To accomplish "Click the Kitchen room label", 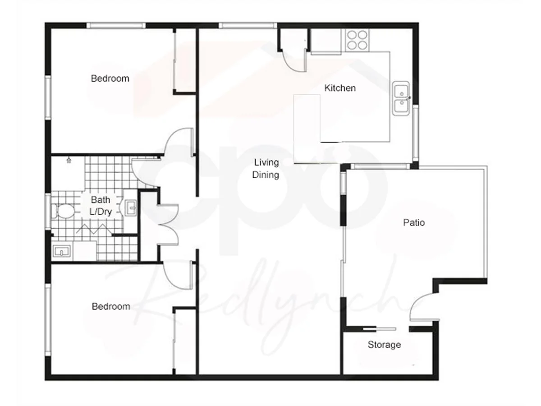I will [x=340, y=88].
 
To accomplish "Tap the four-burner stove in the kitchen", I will [x=357, y=39].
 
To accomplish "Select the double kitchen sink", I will [x=400, y=98].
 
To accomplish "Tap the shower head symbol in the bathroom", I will [x=69, y=160].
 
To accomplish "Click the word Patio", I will [x=414, y=222].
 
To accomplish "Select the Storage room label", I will [x=384, y=345].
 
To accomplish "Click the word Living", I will [x=266, y=162].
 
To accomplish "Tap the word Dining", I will [x=266, y=175].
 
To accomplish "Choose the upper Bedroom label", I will [x=110, y=78].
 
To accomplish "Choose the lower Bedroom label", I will [x=111, y=307].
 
